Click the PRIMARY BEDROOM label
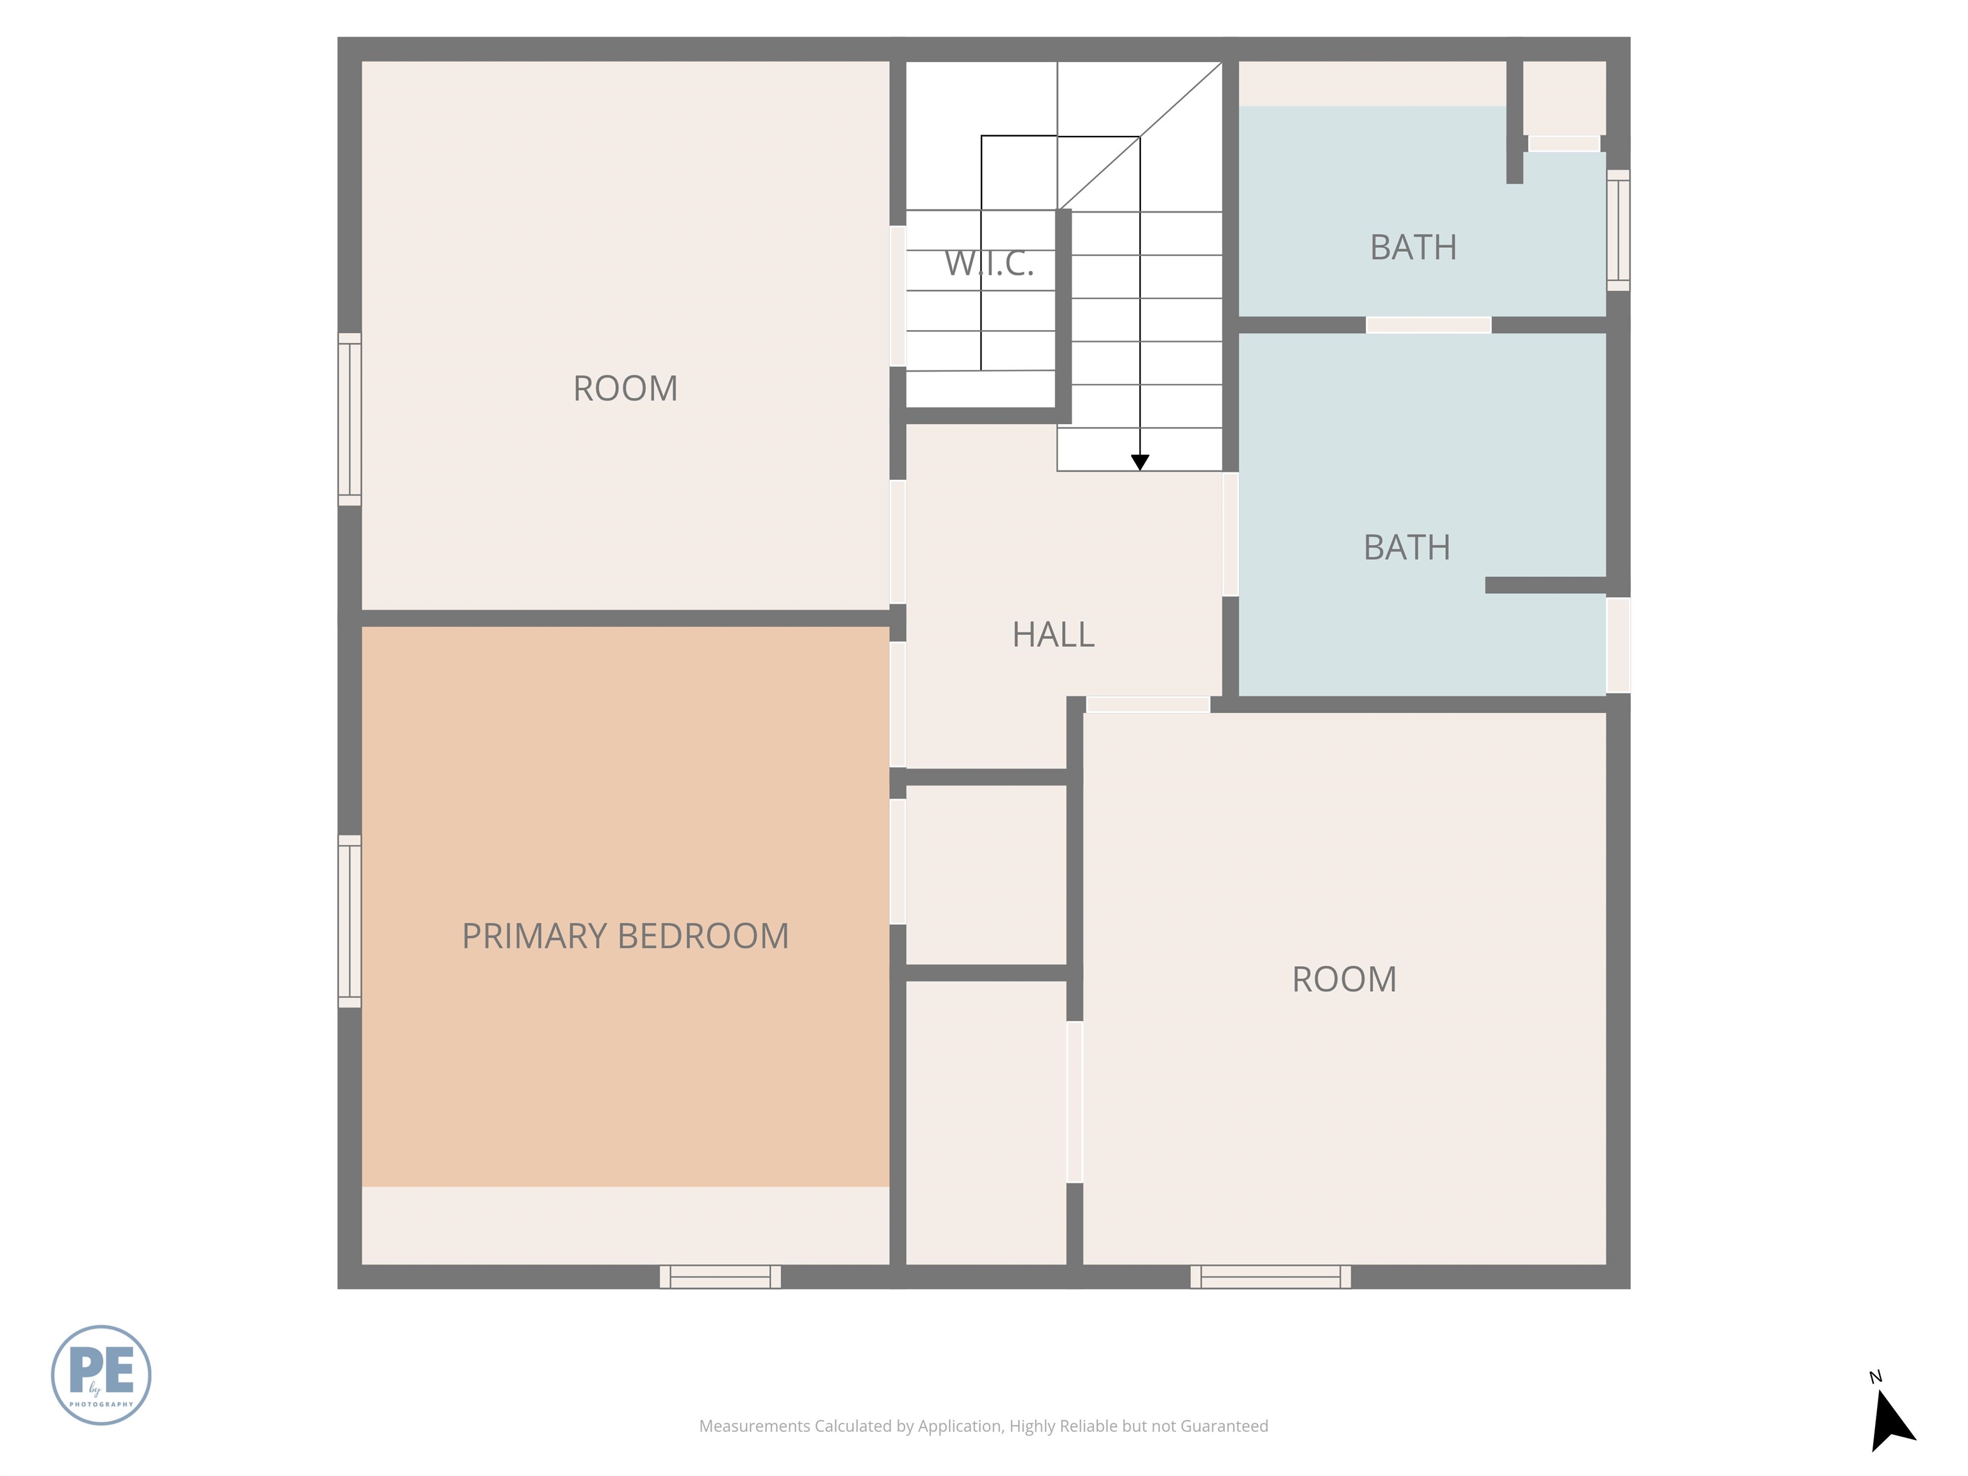point(625,936)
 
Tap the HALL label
point(1053,634)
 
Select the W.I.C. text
point(988,263)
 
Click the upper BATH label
point(1413,247)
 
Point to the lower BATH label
point(1407,547)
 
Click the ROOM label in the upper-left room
point(625,389)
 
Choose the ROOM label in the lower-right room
point(1343,980)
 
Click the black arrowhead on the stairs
point(1140,462)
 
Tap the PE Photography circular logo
point(101,1375)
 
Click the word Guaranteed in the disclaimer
point(1224,1426)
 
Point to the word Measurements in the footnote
point(753,1426)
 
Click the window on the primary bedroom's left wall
point(350,921)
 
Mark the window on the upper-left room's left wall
point(350,419)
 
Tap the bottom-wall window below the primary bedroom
point(720,1276)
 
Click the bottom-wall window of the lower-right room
point(1270,1276)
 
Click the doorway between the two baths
point(1428,325)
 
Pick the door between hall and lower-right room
point(1148,705)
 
